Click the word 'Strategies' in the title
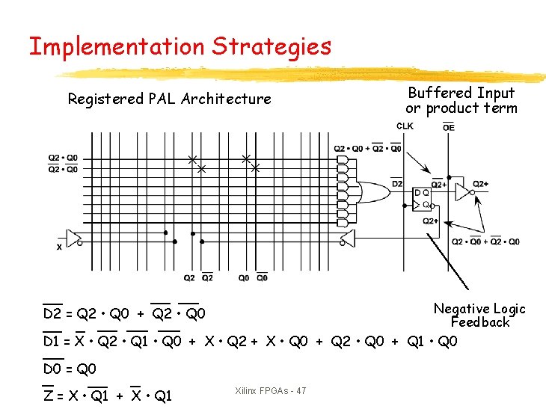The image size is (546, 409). (x=271, y=47)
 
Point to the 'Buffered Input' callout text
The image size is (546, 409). (x=461, y=93)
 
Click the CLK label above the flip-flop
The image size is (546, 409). (x=405, y=126)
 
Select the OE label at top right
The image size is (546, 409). (x=448, y=127)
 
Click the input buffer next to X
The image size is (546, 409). (x=74, y=238)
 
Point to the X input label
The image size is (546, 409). (x=59, y=247)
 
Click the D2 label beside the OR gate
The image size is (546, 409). (x=397, y=184)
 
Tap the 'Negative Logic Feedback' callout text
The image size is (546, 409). (x=479, y=316)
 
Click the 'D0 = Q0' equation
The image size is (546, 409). (x=69, y=369)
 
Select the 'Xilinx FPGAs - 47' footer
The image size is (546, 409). (x=270, y=391)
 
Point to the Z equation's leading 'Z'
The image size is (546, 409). (x=48, y=396)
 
